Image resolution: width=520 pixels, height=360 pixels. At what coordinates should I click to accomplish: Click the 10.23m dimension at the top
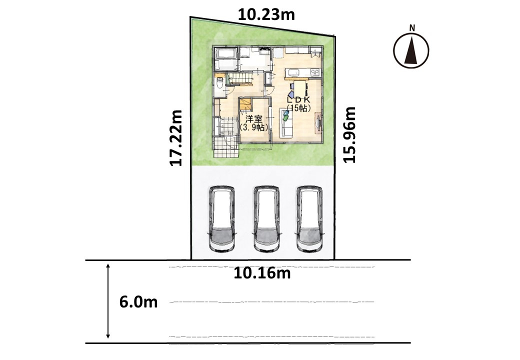[266, 15]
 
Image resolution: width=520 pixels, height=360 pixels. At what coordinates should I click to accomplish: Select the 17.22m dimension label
[176, 138]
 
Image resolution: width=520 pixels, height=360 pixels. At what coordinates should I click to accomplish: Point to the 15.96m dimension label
[349, 134]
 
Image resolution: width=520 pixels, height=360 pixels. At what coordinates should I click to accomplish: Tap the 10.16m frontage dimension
[262, 273]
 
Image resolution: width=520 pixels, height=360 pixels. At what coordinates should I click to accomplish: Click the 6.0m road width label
[138, 302]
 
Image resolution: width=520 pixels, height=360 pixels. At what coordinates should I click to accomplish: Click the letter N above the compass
[412, 28]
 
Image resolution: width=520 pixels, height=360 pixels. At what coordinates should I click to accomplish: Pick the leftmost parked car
[222, 219]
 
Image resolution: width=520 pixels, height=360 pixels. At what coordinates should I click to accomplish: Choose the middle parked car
[266, 219]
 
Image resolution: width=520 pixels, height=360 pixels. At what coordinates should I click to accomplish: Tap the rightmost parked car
[309, 219]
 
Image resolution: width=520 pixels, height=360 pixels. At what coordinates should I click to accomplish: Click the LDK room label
[298, 104]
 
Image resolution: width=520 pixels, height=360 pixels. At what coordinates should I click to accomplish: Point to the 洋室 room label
[253, 122]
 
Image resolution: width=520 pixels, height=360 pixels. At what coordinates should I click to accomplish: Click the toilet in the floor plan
[219, 82]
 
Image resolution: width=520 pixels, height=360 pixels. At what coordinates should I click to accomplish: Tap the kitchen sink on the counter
[293, 72]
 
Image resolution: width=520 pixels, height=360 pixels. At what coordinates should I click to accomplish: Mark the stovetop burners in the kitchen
[314, 72]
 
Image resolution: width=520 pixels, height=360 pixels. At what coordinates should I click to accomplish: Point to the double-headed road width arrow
[108, 301]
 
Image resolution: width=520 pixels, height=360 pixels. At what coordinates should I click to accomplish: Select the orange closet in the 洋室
[245, 104]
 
